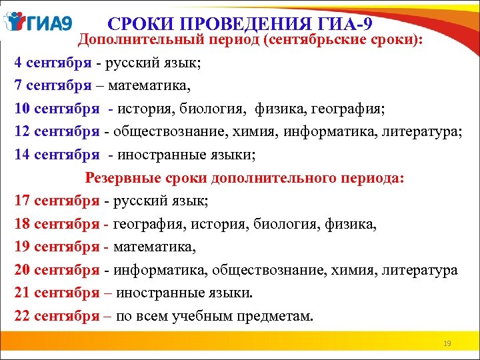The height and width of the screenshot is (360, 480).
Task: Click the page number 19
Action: pos(447,343)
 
